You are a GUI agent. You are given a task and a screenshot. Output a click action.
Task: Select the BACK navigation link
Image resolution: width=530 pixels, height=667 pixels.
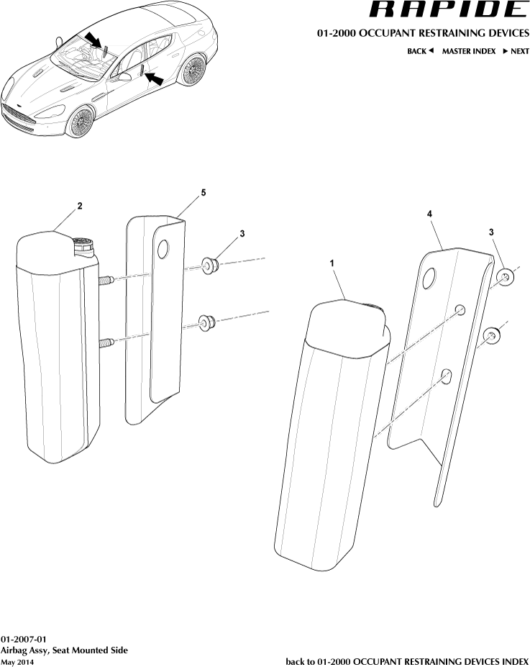pos(420,51)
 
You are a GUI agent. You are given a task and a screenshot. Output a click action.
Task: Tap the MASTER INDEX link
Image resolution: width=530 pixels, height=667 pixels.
pos(468,51)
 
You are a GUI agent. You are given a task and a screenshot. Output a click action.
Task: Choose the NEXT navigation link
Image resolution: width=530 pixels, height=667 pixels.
pos(516,51)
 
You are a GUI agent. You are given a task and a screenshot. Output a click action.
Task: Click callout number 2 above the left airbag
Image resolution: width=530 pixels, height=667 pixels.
pos(79,206)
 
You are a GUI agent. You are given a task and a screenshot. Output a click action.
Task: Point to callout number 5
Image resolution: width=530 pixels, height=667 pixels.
pos(204,193)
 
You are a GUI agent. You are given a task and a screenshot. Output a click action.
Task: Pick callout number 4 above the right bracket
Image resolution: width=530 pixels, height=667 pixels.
pos(429,214)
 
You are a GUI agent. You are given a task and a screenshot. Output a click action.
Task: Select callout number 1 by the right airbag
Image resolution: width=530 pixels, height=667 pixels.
pos(332,264)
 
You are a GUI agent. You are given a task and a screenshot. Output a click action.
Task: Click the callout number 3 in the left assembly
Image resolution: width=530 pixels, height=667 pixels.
pos(242,234)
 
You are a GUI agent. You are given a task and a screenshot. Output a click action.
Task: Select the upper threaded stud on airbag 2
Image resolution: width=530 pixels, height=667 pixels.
pos(106,281)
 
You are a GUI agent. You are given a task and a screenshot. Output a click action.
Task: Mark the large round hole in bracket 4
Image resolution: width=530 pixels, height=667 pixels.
pos(429,278)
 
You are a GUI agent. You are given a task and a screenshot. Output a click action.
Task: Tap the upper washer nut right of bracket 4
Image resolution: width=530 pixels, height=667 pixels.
pos(505,276)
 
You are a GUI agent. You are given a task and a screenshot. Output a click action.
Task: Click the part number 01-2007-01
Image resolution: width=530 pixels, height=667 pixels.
pos(23,639)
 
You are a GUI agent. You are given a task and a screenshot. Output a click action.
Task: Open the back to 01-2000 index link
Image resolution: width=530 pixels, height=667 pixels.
pos(407,661)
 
